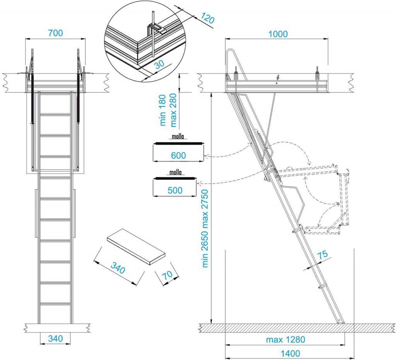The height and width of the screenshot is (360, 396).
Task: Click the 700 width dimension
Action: [x=55, y=33]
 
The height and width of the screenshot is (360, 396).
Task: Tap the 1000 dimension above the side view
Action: [x=278, y=34]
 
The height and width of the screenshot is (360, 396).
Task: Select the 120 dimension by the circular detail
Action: [x=207, y=18]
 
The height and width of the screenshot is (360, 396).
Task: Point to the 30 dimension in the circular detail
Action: [x=159, y=65]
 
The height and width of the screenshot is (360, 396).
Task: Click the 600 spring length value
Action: [x=178, y=155]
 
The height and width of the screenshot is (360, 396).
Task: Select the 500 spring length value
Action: [x=175, y=190]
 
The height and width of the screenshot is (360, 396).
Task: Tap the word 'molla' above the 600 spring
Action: [x=178, y=137]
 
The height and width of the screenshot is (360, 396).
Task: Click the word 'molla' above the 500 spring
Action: [x=176, y=172]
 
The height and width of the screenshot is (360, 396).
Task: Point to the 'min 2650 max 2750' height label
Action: [x=205, y=228]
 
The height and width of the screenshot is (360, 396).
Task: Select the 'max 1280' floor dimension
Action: [x=285, y=339]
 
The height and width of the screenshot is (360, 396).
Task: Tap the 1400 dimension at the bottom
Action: [x=290, y=353]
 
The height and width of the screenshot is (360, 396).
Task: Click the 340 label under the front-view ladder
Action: [x=55, y=338]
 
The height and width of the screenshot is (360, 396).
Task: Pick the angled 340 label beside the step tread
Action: [x=118, y=268]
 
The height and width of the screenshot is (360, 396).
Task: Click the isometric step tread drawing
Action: [x=137, y=247]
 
